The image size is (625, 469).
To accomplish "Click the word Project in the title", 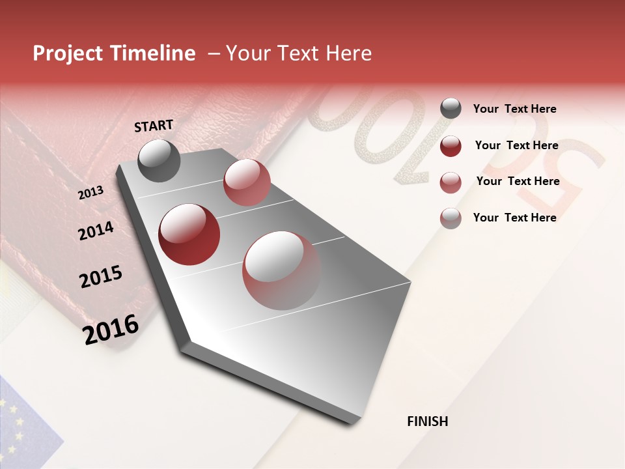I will click(68, 54).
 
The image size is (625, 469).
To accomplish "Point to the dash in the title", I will click(214, 54).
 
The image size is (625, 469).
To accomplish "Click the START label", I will click(154, 126).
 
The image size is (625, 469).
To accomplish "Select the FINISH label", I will click(427, 421).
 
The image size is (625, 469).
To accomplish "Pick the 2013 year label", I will click(90, 193).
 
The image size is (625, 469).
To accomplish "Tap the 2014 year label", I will click(96, 231).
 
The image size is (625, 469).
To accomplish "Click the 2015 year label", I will click(100, 277).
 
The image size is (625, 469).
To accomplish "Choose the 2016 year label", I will click(111, 329).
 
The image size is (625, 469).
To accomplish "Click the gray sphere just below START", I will click(159, 160).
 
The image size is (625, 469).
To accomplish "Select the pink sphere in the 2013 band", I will click(247, 182).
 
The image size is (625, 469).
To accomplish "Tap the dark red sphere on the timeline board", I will click(189, 234).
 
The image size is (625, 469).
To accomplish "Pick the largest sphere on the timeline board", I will click(282, 270).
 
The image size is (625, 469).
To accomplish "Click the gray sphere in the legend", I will click(451, 108).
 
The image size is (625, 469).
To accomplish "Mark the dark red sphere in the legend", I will click(451, 146).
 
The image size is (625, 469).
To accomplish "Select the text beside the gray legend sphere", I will click(514, 109).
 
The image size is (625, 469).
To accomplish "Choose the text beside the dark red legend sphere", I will click(516, 145).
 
